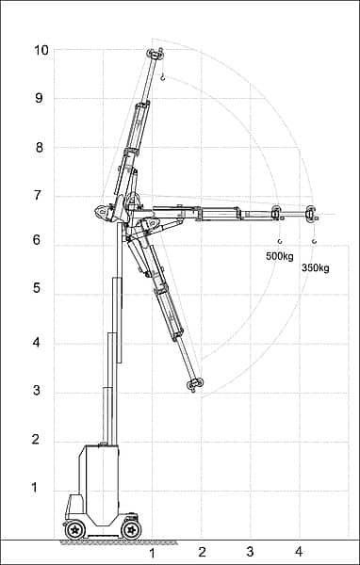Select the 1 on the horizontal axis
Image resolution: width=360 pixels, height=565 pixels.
[x=152, y=553]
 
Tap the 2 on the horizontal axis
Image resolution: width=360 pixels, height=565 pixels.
[x=202, y=553]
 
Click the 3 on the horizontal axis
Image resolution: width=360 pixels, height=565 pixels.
[x=250, y=553]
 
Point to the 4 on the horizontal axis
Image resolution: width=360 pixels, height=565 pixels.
[x=299, y=553]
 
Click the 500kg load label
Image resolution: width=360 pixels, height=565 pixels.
[x=280, y=256]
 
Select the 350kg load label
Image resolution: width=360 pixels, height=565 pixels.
[x=315, y=268]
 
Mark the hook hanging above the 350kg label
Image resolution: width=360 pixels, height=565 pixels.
[x=314, y=241]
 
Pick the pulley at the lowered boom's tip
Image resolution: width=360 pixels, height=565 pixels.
[x=196, y=383]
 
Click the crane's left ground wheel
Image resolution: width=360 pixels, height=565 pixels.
[x=73, y=530]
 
